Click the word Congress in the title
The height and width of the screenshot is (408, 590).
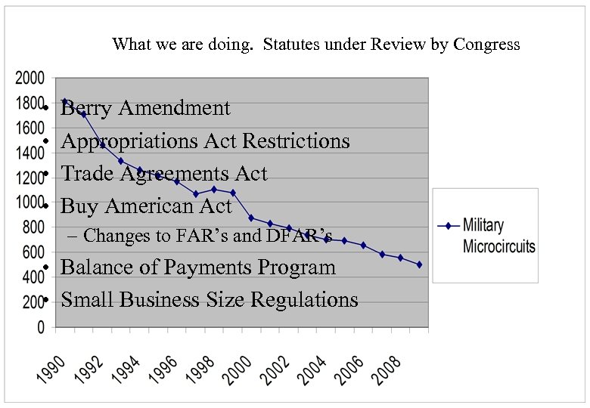pyautogui.click(x=486, y=44)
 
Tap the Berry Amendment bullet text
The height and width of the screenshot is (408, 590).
pyautogui.click(x=145, y=108)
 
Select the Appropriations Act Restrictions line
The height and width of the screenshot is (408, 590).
pyautogui.click(x=205, y=141)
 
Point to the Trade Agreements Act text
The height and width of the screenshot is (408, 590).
pyautogui.click(x=164, y=174)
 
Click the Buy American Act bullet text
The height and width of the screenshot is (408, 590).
pyautogui.click(x=146, y=206)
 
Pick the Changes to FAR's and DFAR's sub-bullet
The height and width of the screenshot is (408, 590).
pyautogui.click(x=200, y=236)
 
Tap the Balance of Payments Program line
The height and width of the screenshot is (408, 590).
pyautogui.click(x=197, y=267)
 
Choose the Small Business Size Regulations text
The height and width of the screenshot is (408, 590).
pyautogui.click(x=210, y=300)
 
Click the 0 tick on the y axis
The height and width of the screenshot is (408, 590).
pyautogui.click(x=40, y=328)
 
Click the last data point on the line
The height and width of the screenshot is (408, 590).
pyautogui.click(x=419, y=264)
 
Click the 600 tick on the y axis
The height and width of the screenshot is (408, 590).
pyautogui.click(x=32, y=252)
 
